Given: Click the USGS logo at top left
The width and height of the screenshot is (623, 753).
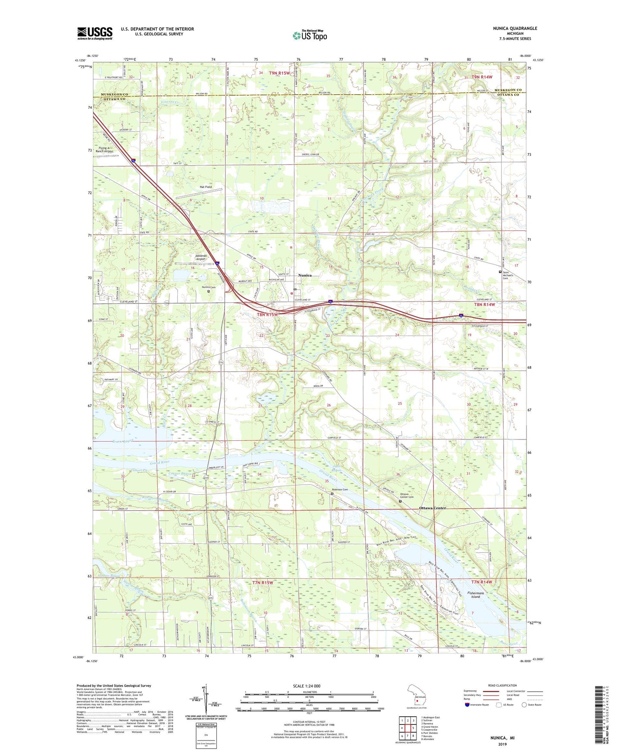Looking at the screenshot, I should tap(95, 33).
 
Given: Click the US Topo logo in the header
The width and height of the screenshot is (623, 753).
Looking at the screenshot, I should tap(309, 35).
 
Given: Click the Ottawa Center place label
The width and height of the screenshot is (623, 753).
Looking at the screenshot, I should tap(432, 508).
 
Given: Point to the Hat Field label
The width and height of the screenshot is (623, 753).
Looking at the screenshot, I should tap(206, 187).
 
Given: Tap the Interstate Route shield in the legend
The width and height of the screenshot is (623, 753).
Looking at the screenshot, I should tap(467, 705).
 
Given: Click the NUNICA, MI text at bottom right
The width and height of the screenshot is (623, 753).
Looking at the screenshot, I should tap(502, 738).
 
